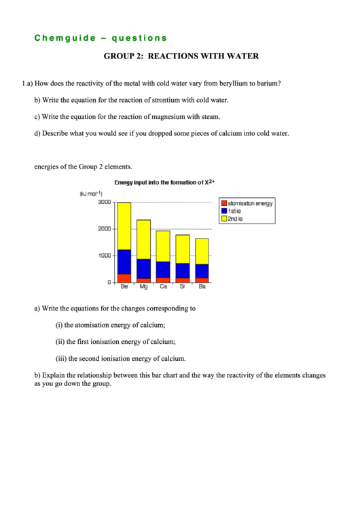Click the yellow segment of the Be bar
pos(124,226)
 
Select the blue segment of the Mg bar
pos(144,268)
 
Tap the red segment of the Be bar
pos(124,278)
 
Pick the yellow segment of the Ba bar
pos(202,251)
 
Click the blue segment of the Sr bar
pos(183,270)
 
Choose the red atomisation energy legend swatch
pos(223,203)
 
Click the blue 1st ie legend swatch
pos(223,211)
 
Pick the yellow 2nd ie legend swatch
pos(223,218)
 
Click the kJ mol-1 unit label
pos(94,194)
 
